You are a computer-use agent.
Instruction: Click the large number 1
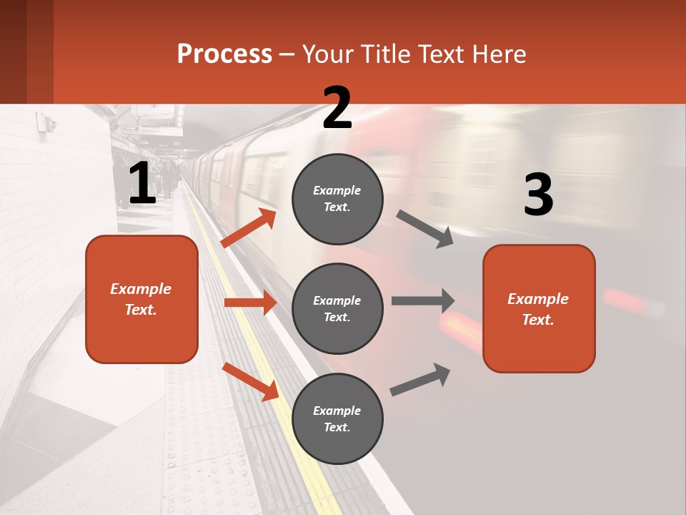point(142,183)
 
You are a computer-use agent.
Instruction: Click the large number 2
point(337,108)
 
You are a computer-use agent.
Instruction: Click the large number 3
point(538,195)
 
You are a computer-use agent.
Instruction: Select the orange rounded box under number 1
point(141,299)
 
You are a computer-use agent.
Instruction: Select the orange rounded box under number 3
point(539,308)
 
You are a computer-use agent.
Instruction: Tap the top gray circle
point(337,199)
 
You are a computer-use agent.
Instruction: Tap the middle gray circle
point(337,308)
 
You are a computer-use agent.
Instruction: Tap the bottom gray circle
point(337,418)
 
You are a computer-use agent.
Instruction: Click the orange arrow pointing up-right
point(248,228)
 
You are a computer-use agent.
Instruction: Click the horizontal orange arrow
point(250,303)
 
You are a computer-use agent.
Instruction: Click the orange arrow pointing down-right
point(250,381)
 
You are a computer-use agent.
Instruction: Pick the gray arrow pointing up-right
point(420,380)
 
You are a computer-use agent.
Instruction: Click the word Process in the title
point(224,54)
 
